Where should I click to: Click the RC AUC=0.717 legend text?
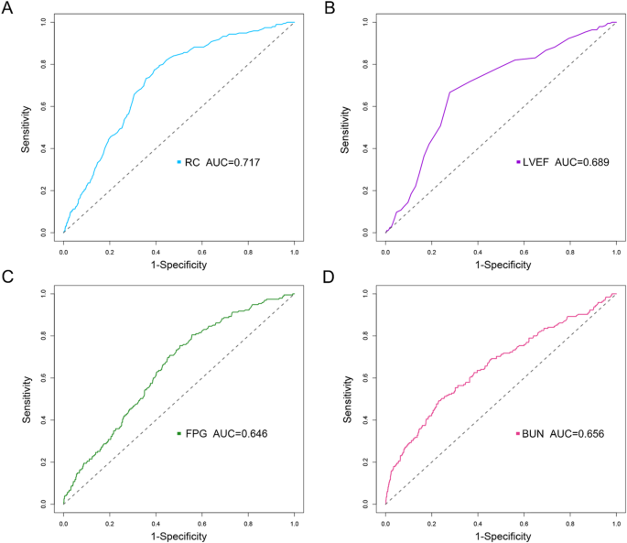[220, 161]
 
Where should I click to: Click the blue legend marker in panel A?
[179, 161]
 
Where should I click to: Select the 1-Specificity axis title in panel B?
[501, 265]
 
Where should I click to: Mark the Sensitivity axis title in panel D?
[349, 398]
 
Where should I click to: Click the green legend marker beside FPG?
[179, 432]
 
